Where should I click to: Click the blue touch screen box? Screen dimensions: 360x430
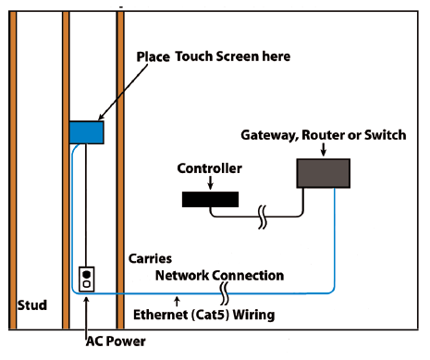point(86,131)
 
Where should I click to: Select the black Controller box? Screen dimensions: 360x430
point(211,198)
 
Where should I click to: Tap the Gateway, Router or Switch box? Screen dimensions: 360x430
point(323,173)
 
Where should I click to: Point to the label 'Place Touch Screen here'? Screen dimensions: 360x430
point(214,56)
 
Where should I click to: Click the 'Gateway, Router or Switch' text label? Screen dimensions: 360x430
point(323,135)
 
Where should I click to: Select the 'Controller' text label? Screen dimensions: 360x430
point(210,168)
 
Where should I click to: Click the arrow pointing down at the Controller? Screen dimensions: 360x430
point(210,183)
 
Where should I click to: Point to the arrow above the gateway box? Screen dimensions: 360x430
point(323,150)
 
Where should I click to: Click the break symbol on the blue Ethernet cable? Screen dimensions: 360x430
point(226,293)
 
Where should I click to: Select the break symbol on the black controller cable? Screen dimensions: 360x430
point(263,219)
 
